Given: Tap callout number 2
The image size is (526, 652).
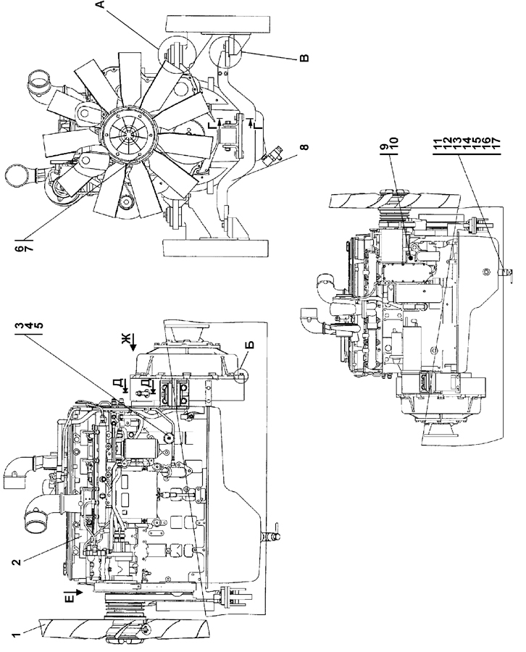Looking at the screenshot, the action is click(x=16, y=561).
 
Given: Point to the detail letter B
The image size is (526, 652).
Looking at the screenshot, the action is click(x=304, y=58).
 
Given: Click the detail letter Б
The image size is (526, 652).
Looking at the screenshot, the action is click(x=250, y=345).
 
